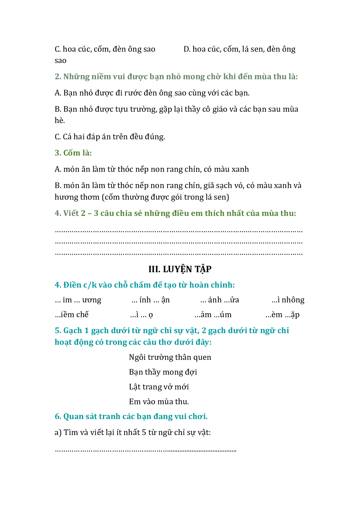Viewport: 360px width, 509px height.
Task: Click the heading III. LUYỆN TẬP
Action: click(x=180, y=269)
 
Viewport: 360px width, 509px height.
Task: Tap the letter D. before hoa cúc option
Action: click(x=187, y=49)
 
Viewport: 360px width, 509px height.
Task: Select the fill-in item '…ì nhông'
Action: click(x=288, y=300)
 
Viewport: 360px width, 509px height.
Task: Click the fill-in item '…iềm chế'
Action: click(x=71, y=315)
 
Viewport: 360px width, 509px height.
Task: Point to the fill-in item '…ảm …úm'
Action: click(x=213, y=315)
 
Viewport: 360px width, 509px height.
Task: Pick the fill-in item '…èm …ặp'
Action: click(x=282, y=315)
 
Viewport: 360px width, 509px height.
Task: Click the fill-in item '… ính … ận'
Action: click(x=150, y=300)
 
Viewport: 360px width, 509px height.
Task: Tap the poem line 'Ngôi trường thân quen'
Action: click(x=170, y=357)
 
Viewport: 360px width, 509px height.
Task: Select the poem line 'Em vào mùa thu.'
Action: click(x=159, y=402)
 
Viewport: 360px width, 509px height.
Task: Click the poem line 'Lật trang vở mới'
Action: click(x=159, y=387)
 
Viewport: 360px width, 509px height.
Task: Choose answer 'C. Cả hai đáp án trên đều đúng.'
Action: click(x=110, y=137)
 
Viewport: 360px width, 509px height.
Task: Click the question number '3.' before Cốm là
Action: click(x=58, y=153)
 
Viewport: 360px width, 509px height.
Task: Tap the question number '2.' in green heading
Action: click(x=58, y=77)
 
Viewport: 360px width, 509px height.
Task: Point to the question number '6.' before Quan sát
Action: click(x=58, y=416)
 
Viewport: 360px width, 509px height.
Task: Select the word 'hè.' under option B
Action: click(x=60, y=120)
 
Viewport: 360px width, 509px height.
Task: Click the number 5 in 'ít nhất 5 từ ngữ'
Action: click(x=144, y=432)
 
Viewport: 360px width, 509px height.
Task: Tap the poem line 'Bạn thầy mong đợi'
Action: click(x=163, y=372)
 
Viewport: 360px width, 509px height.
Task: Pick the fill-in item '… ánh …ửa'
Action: click(x=219, y=300)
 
